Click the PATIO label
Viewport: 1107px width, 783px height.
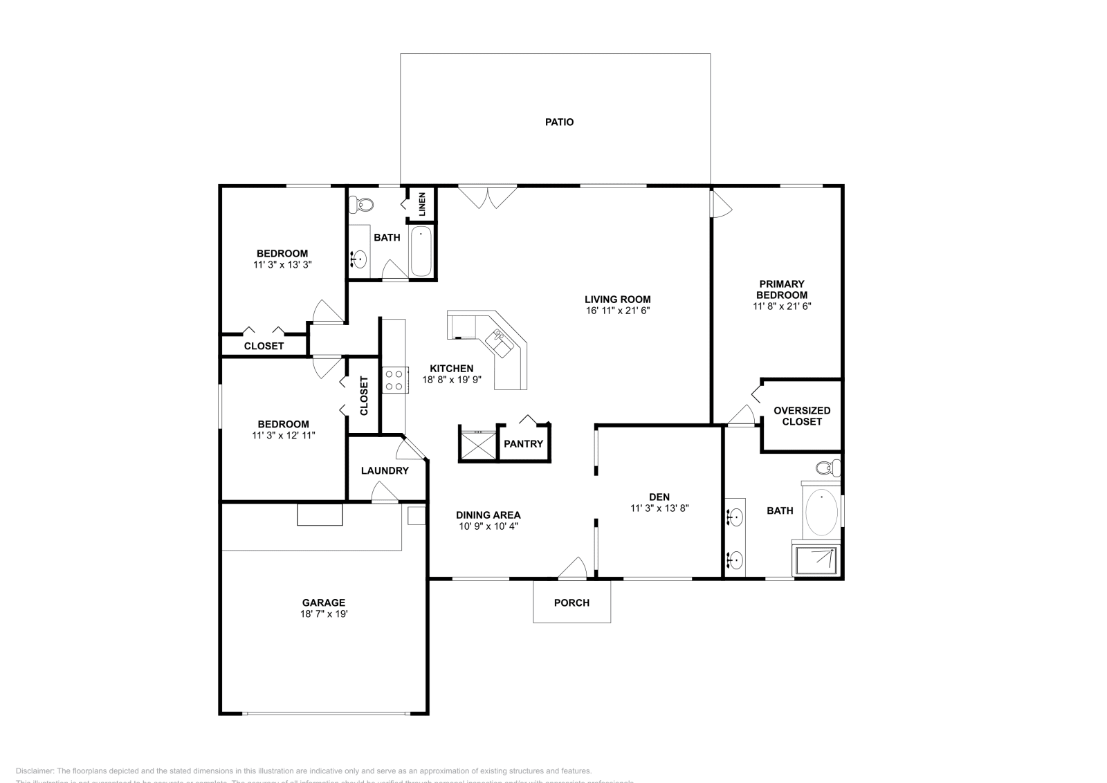point(559,122)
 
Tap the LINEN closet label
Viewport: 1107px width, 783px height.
point(422,205)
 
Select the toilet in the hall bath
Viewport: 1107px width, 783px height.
point(362,205)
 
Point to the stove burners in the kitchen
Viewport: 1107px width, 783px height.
point(394,380)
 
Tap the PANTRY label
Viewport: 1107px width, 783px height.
point(523,444)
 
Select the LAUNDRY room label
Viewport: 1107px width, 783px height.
point(385,470)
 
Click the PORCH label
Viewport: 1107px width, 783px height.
point(571,602)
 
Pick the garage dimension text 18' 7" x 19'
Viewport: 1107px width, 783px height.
point(323,614)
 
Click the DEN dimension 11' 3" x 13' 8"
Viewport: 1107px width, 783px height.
point(659,508)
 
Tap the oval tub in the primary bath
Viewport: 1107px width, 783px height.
point(821,513)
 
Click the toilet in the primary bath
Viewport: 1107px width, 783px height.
point(827,468)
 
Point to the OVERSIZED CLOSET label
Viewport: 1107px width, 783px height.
point(802,416)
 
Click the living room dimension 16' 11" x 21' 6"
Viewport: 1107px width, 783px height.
point(617,311)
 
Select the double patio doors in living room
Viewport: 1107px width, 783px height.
point(488,196)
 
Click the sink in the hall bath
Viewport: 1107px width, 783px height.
point(359,259)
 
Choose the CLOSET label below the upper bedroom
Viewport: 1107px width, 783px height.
point(264,346)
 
